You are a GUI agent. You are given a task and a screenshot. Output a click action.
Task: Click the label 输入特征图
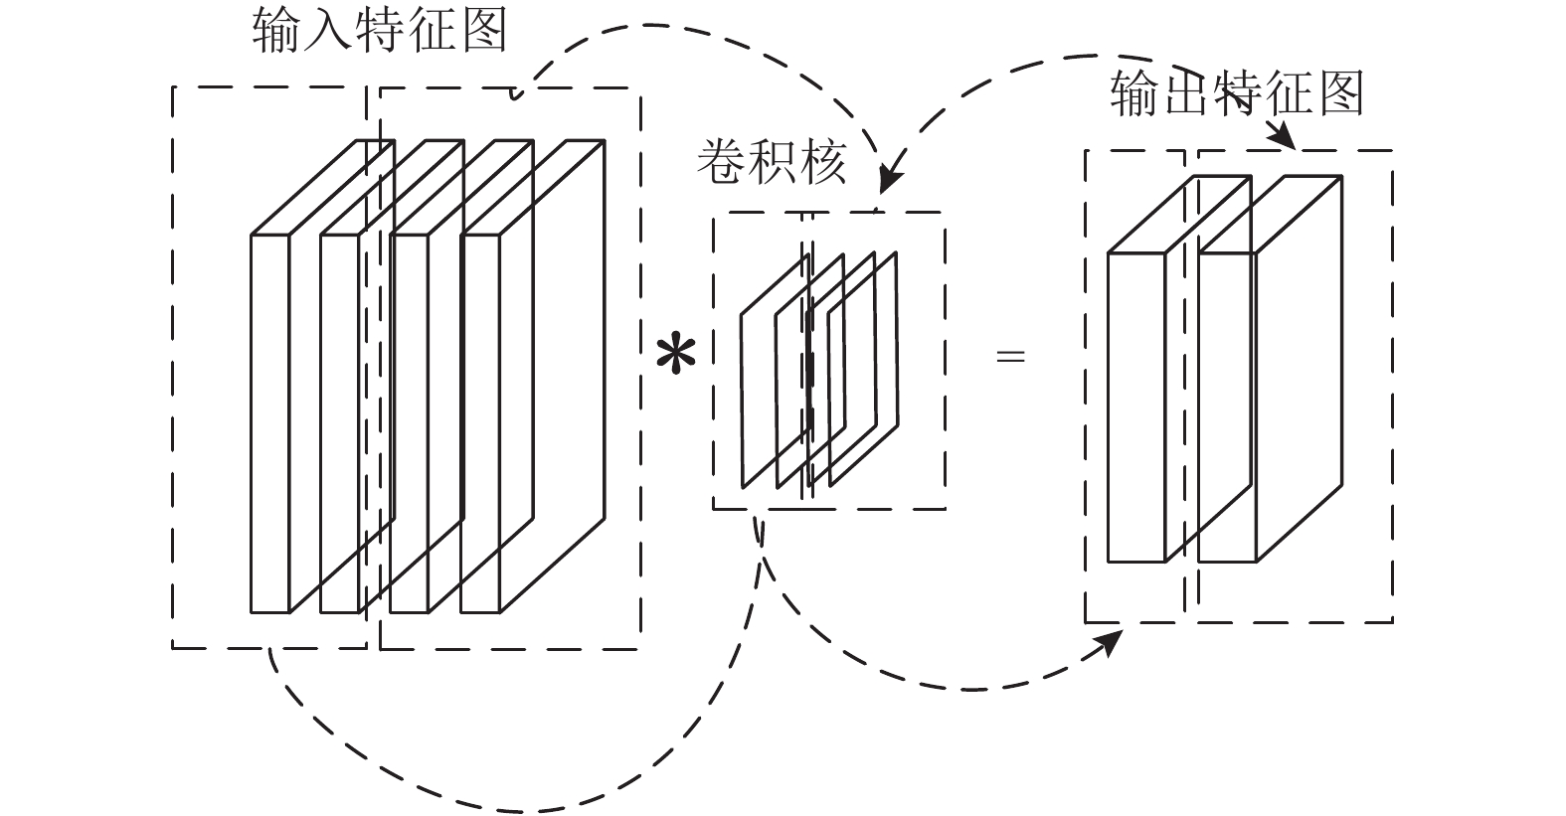[x=380, y=30]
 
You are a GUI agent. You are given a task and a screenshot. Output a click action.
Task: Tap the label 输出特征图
[x=1237, y=92]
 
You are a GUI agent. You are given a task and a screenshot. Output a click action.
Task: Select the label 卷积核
[x=772, y=162]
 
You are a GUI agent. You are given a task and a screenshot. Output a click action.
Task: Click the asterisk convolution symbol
[x=675, y=356]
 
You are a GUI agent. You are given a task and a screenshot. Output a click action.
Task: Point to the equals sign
[x=1010, y=356]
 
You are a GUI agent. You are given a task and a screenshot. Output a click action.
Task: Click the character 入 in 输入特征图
[x=328, y=30]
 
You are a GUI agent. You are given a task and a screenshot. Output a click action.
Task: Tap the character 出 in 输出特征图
[x=1185, y=92]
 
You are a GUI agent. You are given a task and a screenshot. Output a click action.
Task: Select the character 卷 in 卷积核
[x=721, y=162]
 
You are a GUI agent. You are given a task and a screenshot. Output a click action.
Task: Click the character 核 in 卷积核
[x=823, y=162]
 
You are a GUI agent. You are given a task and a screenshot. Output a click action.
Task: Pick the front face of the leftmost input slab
[x=269, y=423]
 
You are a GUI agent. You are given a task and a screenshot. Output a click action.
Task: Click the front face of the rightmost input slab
[x=480, y=423]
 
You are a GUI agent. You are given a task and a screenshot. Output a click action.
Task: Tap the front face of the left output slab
[x=1136, y=407]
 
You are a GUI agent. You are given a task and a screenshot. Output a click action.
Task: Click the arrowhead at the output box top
[x=1283, y=135]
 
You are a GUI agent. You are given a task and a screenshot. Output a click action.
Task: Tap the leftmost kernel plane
[x=776, y=371]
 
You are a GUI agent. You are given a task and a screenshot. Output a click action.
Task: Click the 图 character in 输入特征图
[x=483, y=30]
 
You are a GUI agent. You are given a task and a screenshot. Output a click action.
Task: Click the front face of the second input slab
[x=340, y=423]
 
